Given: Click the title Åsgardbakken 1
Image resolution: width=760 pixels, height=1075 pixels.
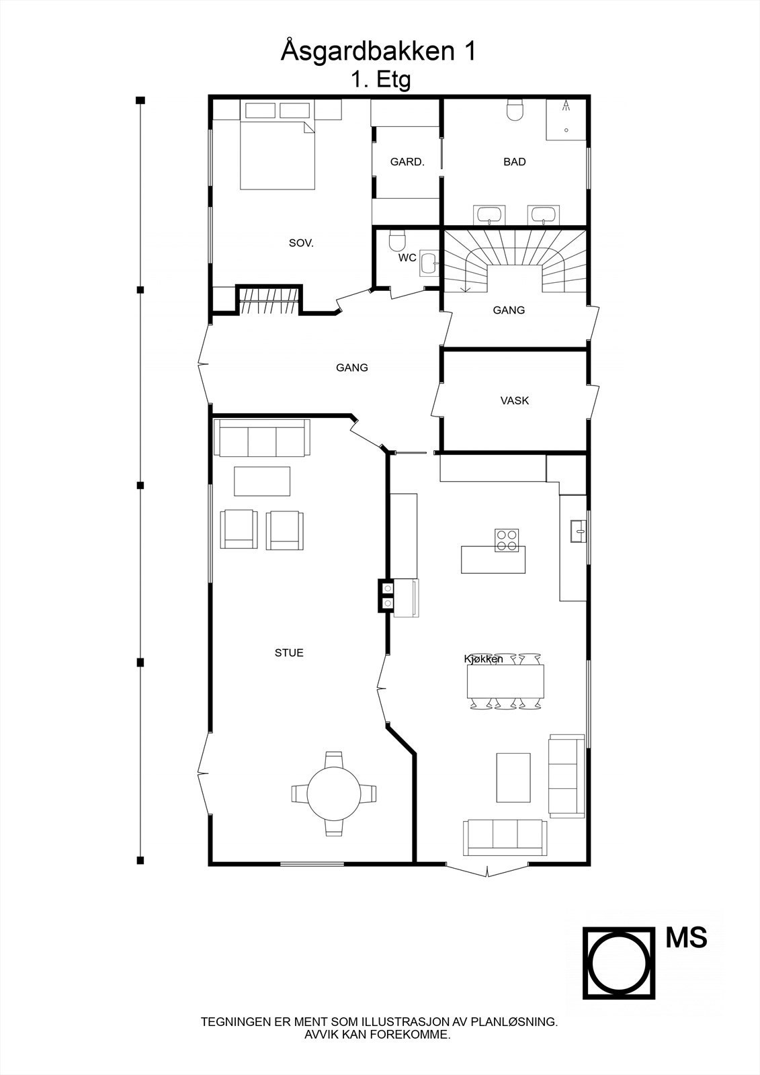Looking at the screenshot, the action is [x=378, y=52].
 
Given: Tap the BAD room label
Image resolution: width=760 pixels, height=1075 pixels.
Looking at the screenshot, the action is [x=514, y=162].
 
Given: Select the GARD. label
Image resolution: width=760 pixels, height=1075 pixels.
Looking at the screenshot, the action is [x=407, y=162].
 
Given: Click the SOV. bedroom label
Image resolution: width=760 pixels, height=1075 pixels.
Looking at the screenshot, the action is [x=301, y=243].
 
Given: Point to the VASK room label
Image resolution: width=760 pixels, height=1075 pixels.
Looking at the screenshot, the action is [x=514, y=400].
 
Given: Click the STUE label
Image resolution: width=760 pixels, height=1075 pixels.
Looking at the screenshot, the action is [x=289, y=652].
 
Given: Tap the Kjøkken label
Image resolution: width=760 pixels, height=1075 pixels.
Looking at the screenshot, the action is [x=483, y=659].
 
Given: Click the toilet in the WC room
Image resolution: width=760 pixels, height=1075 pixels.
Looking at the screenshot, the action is [x=398, y=241].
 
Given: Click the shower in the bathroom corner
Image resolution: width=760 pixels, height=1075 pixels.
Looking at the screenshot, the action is [x=566, y=120].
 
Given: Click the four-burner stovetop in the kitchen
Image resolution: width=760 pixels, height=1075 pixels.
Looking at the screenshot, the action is [x=507, y=540].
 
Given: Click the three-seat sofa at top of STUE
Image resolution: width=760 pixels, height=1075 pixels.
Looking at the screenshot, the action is [x=261, y=437].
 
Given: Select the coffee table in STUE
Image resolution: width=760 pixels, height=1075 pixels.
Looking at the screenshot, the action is [x=262, y=481].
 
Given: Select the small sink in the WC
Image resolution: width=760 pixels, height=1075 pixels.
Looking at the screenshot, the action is [x=428, y=262].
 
